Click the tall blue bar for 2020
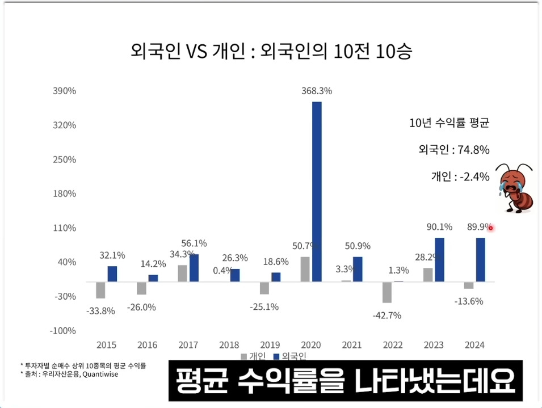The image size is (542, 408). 317,191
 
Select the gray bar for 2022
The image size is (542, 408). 386,292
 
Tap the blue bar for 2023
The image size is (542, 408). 439,259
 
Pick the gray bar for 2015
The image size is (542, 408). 100,289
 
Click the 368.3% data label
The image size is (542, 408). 317,91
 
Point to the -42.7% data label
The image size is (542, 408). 387,316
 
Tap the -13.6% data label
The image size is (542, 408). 468,301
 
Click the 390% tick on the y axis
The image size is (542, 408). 64,91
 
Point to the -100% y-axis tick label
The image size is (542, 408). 63,331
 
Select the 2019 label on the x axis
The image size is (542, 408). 270,344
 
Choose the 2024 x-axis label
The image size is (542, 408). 474,344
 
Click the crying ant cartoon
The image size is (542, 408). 514,188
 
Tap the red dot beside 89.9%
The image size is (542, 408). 490,228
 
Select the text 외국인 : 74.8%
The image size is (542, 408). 453,150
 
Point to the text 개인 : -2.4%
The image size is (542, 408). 460,176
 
